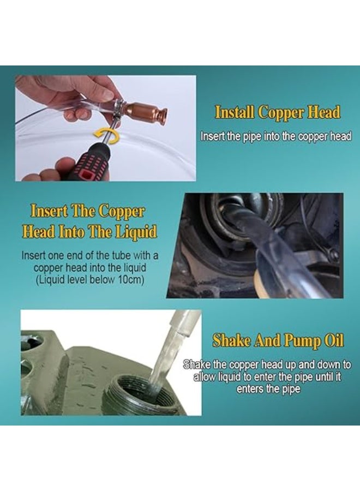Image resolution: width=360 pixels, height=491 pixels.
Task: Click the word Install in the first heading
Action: coord(235,112)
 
